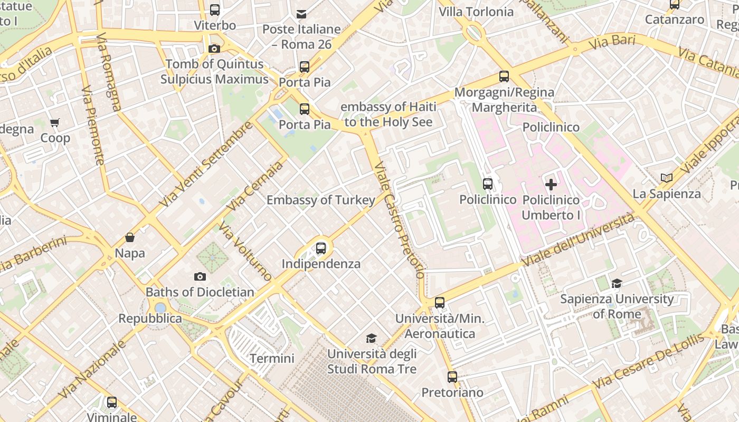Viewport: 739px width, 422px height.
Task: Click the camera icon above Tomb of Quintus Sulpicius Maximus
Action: [214, 49]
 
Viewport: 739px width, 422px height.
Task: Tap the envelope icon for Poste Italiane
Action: [301, 14]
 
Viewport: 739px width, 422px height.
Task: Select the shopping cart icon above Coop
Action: [55, 123]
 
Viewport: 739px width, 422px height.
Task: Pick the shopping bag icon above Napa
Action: [130, 238]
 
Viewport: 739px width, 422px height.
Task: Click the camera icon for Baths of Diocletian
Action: [200, 276]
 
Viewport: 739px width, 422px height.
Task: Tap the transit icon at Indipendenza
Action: [320, 248]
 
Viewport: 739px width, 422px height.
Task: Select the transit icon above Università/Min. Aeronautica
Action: [439, 303]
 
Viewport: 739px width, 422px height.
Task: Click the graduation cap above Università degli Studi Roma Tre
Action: [372, 338]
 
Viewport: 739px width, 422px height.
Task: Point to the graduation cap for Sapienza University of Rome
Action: [617, 284]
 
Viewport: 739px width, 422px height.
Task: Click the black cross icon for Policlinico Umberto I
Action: [551, 185]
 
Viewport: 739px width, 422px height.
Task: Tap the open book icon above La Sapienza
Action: [667, 178]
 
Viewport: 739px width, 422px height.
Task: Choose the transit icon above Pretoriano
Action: [452, 377]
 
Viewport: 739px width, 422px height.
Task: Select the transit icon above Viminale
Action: [112, 402]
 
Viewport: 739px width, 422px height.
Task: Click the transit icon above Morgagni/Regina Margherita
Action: [504, 76]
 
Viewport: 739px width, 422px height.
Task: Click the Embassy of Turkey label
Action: [320, 200]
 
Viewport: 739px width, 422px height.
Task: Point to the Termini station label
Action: [272, 359]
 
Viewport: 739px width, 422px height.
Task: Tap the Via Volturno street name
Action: [245, 252]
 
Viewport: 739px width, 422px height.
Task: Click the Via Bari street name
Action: [612, 42]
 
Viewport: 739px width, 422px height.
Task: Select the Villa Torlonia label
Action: [476, 12]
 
